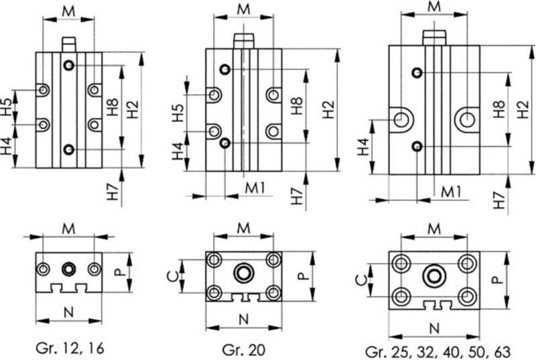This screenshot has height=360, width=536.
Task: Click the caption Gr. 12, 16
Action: pos(70,349)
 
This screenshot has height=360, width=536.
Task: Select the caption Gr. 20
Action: pos(243,350)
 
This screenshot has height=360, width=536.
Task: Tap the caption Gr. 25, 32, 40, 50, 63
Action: pos(438,352)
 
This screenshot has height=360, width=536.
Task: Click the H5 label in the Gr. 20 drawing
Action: pos(178,113)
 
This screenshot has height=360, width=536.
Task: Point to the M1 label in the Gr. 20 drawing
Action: pos(255,188)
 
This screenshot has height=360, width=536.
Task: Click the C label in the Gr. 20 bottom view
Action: pos(174,276)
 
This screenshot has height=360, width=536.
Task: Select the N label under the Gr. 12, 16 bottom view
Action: pos(69,312)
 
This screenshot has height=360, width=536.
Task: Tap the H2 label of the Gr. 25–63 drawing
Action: pos(523,109)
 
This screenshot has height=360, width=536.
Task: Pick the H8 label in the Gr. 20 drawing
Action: pos(297,106)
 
